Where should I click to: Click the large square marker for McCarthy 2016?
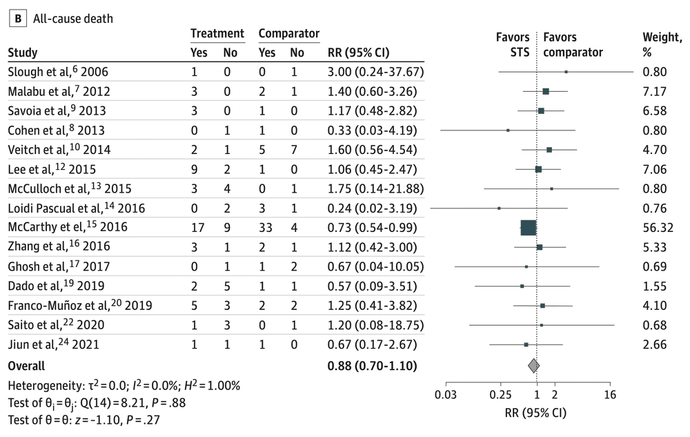point(528,227)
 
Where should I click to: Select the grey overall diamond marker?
point(533,365)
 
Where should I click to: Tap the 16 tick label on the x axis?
point(609,395)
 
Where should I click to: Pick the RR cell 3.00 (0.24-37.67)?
point(375,72)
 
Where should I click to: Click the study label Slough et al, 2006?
point(58,72)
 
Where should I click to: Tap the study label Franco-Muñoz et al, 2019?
point(79,305)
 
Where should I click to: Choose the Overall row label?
point(26,366)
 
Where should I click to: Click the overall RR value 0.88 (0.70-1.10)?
point(372,366)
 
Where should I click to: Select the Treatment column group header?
point(217,33)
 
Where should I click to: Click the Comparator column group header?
point(288,33)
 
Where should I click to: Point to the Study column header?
point(22,52)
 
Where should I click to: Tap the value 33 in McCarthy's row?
point(266,227)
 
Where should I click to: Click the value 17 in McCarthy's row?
point(197,227)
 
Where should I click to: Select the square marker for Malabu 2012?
point(546,91)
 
